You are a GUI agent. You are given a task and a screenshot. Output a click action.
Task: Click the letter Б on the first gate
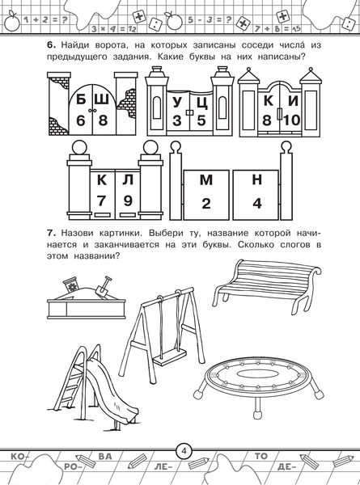[81, 100]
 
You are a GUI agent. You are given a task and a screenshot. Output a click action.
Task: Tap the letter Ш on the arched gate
[102, 100]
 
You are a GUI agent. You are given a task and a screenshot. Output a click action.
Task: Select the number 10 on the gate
[291, 120]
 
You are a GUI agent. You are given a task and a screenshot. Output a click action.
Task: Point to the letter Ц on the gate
[202, 103]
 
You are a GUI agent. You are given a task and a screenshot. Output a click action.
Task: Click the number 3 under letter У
[177, 120]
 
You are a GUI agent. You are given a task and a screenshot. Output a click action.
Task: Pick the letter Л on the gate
[128, 180]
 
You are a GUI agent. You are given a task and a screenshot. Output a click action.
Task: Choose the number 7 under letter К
[101, 200]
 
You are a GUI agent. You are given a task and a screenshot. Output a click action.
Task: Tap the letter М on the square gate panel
[206, 180]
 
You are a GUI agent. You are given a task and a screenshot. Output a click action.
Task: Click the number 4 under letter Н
[257, 204]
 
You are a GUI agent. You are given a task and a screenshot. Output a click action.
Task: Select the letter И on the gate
[293, 101]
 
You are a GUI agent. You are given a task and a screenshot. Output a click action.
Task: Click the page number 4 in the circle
[184, 451]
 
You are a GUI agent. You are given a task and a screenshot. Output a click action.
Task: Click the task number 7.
[51, 233]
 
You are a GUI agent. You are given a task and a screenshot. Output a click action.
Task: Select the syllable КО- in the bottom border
[18, 456]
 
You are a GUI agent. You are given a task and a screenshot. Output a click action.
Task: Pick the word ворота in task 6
[110, 45]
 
